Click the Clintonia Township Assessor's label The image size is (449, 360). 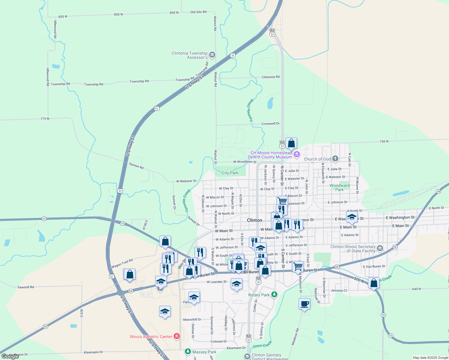[x=189, y=55]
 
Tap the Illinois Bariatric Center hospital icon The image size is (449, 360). [x=177, y=336]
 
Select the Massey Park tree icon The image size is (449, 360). [x=188, y=351]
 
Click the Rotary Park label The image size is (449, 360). [x=259, y=295]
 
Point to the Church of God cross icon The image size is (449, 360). [x=335, y=159]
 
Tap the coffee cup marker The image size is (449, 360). [x=304, y=304]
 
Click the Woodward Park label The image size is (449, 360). [x=339, y=187]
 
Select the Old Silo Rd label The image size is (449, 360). [x=198, y=12]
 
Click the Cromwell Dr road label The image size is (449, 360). [x=270, y=124]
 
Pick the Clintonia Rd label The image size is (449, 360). [x=271, y=77]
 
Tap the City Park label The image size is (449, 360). [x=230, y=173]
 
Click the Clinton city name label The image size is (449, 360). [x=255, y=220]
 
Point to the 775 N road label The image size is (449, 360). [x=45, y=119]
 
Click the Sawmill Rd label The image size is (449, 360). [x=26, y=287]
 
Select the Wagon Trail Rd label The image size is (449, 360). [x=122, y=264]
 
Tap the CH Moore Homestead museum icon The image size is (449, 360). [x=297, y=155]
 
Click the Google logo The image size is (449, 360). [x=10, y=356]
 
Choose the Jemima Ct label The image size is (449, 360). [x=339, y=290]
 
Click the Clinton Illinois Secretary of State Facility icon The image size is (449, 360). [x=380, y=248]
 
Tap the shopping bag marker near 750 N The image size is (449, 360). [x=291, y=143]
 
